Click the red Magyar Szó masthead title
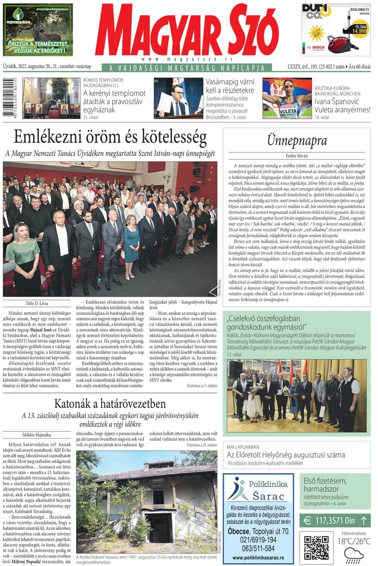(187, 32)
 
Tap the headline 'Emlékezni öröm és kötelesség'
(110, 137)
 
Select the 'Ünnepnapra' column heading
(297, 141)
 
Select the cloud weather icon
(353, 553)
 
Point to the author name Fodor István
(297, 156)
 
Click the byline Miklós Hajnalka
(39, 434)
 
